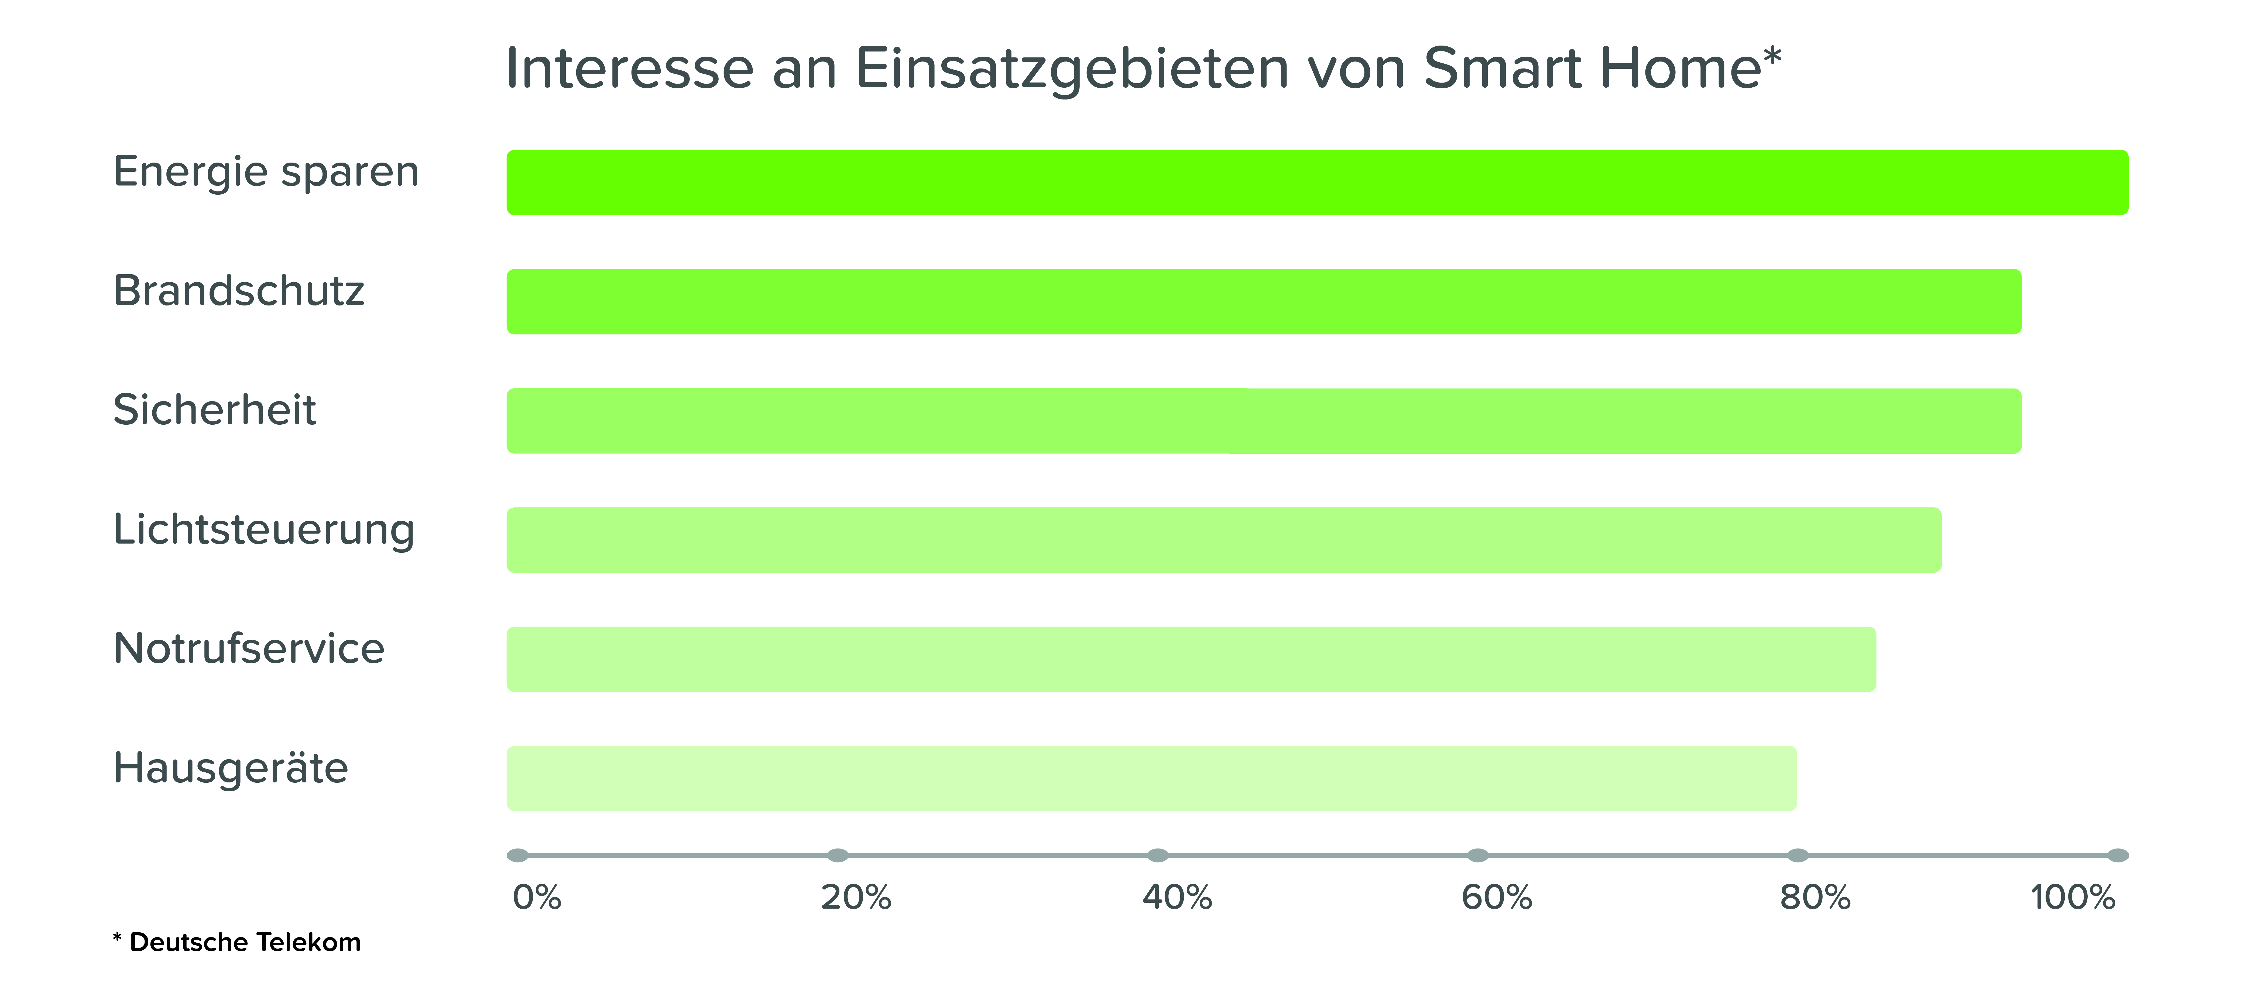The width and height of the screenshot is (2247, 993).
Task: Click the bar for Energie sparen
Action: [1317, 182]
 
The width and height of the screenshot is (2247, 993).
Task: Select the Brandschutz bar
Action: [1264, 302]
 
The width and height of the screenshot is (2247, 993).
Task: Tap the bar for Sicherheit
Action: [1264, 421]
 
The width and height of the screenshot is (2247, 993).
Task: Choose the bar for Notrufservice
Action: [1192, 659]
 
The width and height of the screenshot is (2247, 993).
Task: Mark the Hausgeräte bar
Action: [1151, 779]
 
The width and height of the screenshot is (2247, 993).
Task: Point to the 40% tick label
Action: [1178, 897]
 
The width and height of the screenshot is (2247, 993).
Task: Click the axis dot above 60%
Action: [1478, 855]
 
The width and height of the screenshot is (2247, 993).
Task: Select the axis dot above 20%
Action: [837, 855]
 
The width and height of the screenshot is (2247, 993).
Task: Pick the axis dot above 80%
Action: [1798, 855]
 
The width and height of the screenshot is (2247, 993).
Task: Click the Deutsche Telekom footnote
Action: [236, 942]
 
